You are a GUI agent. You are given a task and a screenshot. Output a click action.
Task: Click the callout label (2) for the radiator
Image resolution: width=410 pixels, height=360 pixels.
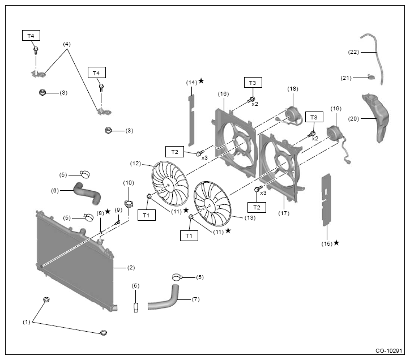[131, 268]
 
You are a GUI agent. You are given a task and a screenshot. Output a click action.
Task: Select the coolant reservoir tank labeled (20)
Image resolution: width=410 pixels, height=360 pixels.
[376, 118]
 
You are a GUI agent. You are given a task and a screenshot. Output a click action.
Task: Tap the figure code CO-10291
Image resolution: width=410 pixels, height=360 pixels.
[388, 350]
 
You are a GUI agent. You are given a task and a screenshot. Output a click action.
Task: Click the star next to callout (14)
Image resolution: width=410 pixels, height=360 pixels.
[201, 81]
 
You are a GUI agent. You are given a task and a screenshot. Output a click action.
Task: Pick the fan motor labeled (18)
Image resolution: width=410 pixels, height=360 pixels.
[293, 115]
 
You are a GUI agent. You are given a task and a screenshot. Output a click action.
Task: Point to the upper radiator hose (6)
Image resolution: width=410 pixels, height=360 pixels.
[87, 193]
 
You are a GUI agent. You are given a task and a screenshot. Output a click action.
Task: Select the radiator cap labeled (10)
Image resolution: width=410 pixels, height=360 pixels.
[129, 203]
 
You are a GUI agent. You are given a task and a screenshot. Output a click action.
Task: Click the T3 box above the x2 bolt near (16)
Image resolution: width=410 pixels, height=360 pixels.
[253, 83]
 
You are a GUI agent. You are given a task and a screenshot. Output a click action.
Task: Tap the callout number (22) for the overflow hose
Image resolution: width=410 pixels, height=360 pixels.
[353, 52]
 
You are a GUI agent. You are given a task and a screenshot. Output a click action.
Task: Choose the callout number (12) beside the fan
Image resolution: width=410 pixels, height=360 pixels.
[135, 164]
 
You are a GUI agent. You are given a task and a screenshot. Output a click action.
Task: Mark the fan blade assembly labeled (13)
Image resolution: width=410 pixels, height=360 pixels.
[212, 203]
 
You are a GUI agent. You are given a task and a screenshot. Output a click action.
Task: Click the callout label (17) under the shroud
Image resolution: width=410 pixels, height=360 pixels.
[284, 213]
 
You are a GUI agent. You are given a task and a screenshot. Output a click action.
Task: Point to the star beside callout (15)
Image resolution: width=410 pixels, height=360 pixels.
[336, 243]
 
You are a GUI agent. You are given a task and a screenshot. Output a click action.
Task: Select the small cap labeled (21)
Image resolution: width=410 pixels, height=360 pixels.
[371, 76]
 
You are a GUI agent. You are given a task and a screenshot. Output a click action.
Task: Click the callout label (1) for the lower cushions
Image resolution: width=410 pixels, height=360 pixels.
[27, 322]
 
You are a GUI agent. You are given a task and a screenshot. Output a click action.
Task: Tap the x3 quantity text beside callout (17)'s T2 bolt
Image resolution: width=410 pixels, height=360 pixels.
[263, 193]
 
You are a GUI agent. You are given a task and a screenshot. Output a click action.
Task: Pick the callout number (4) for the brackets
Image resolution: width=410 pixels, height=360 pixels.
[67, 44]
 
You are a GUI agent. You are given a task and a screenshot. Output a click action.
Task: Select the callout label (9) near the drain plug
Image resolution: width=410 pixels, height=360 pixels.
[118, 210]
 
